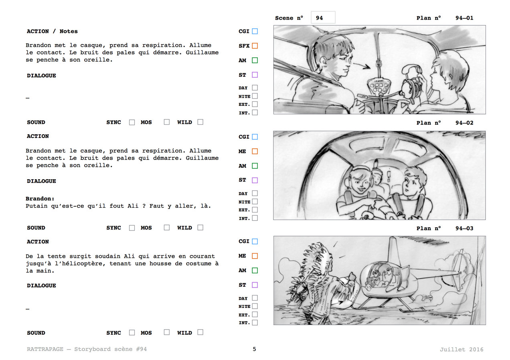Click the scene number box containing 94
tap(323, 18)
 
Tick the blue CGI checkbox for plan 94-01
tap(255, 31)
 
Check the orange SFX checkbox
tap(255, 46)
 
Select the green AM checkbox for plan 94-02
tap(255, 166)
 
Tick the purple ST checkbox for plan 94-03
tap(255, 285)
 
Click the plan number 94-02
tap(464, 123)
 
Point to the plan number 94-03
tap(464, 229)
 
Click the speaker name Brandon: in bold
tap(40, 198)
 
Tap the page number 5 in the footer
tap(254, 349)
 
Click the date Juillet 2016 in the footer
tap(461, 349)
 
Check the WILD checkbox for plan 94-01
tap(200, 122)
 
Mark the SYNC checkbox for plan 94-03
tap(132, 333)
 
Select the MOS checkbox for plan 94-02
tap(167, 228)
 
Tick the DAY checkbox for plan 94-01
tap(255, 88)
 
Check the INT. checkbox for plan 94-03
tap(255, 323)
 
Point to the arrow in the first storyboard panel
tap(362, 66)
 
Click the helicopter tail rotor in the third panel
tap(460, 271)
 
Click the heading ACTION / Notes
tap(52, 31)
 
